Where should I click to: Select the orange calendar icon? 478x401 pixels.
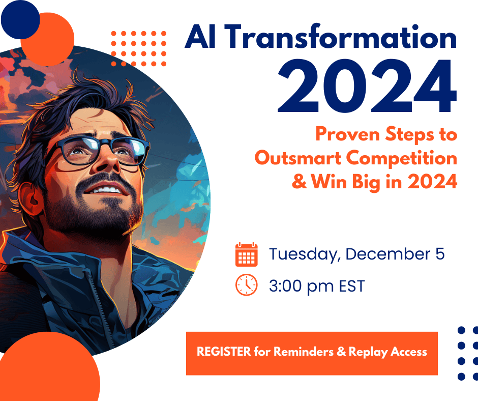pyautogui.click(x=247, y=254)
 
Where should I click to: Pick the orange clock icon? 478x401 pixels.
pyautogui.click(x=247, y=285)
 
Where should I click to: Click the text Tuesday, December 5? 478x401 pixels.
pyautogui.click(x=356, y=254)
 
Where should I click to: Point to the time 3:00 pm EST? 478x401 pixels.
pyautogui.click(x=317, y=286)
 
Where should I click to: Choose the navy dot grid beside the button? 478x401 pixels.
pyautogui.click(x=468, y=353)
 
